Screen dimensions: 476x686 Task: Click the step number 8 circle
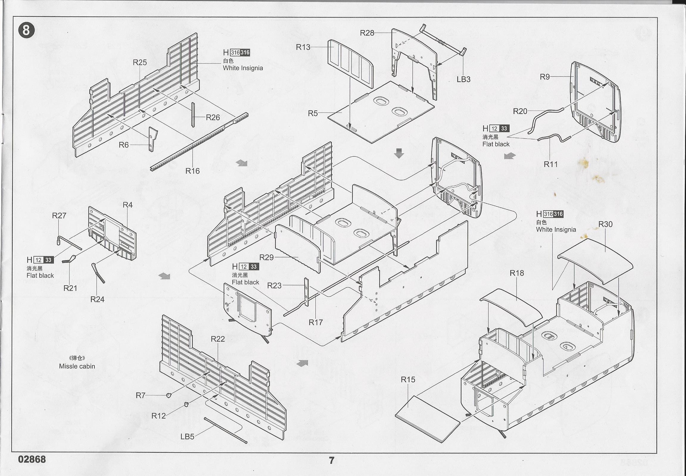[x=26, y=30]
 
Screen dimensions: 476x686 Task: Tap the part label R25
[x=140, y=62]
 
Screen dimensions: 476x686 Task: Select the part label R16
[x=192, y=171]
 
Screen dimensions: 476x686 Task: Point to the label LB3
[x=463, y=79]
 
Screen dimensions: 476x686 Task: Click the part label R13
[x=303, y=47]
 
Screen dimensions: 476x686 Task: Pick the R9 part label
[x=545, y=77]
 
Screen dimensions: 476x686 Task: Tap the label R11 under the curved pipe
[x=550, y=164]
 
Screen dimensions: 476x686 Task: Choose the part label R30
[x=606, y=224]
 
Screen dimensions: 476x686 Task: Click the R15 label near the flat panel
[x=408, y=380]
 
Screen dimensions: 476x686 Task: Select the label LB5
[x=187, y=437]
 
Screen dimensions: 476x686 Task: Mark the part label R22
[x=217, y=339]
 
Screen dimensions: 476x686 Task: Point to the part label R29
[x=267, y=257]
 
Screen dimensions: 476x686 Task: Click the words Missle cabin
[x=77, y=366]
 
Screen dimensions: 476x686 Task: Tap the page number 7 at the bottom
[x=331, y=461]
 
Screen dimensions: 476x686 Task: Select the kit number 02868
[x=32, y=459]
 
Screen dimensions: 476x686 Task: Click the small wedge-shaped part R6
[x=152, y=139]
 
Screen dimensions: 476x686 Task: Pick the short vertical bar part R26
[x=193, y=115]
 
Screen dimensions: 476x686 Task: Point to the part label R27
[x=59, y=216]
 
